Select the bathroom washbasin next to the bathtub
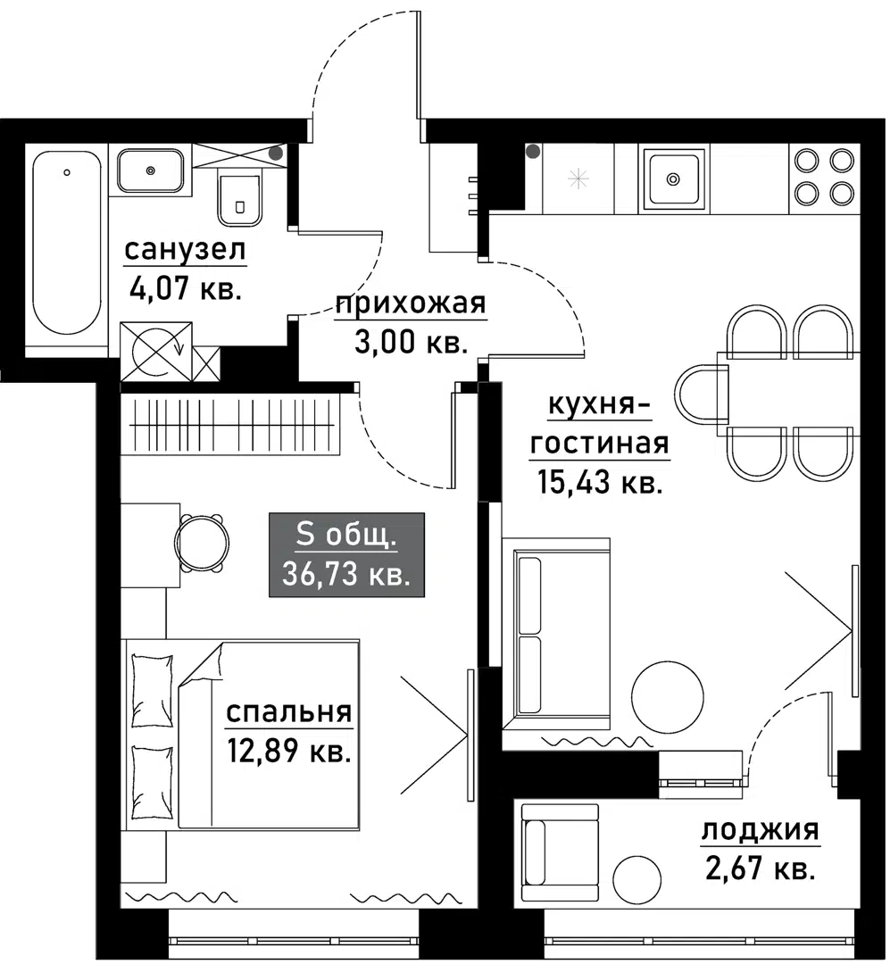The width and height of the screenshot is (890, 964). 151,170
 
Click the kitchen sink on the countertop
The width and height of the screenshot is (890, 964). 674,178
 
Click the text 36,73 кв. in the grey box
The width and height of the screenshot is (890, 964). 346,574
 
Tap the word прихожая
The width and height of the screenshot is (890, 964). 411,305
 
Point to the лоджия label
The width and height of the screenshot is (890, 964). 760,831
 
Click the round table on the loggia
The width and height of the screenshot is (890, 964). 637,878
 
